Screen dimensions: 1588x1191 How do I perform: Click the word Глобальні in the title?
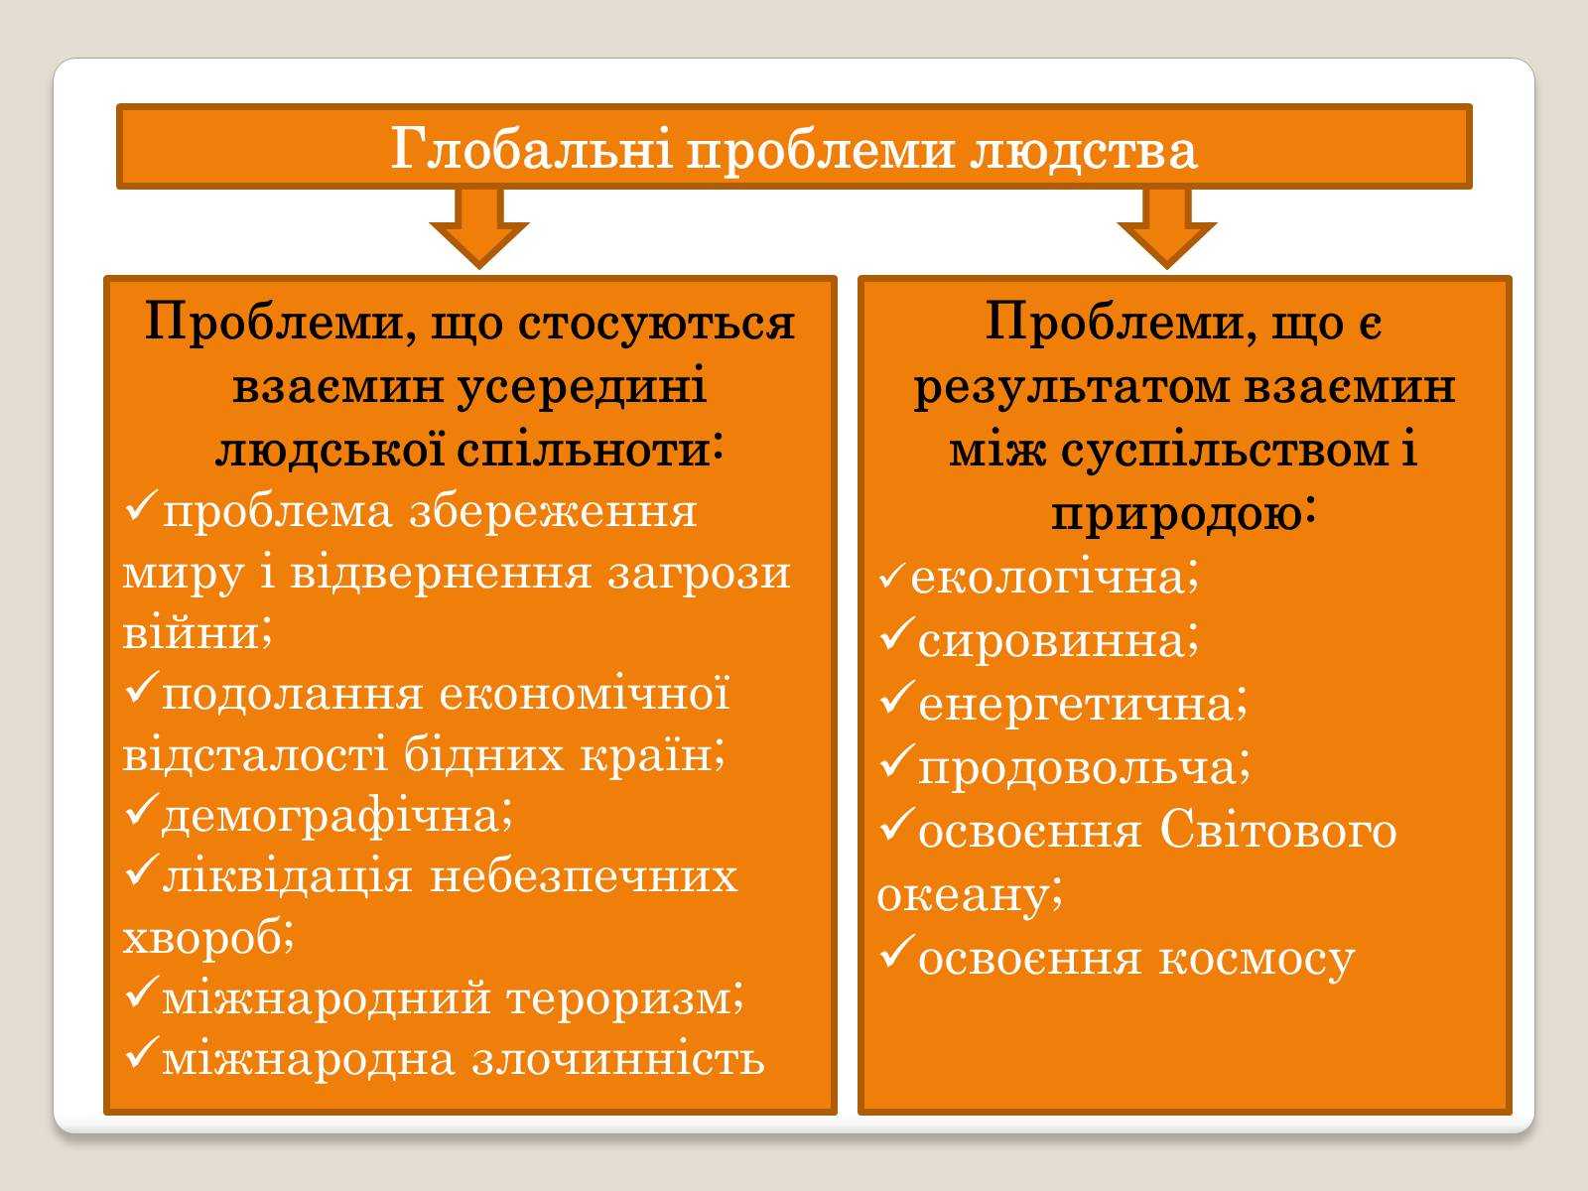[532, 149]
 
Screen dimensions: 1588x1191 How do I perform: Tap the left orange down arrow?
[479, 227]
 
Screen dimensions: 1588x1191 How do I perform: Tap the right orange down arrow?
[1166, 227]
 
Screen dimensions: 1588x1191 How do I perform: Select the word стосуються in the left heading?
[656, 323]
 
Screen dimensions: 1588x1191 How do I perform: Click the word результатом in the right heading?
[1072, 388]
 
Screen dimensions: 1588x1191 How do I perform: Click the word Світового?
[1278, 830]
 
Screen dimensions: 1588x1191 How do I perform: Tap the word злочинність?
[618, 1060]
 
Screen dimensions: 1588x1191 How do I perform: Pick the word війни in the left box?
[197, 633]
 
